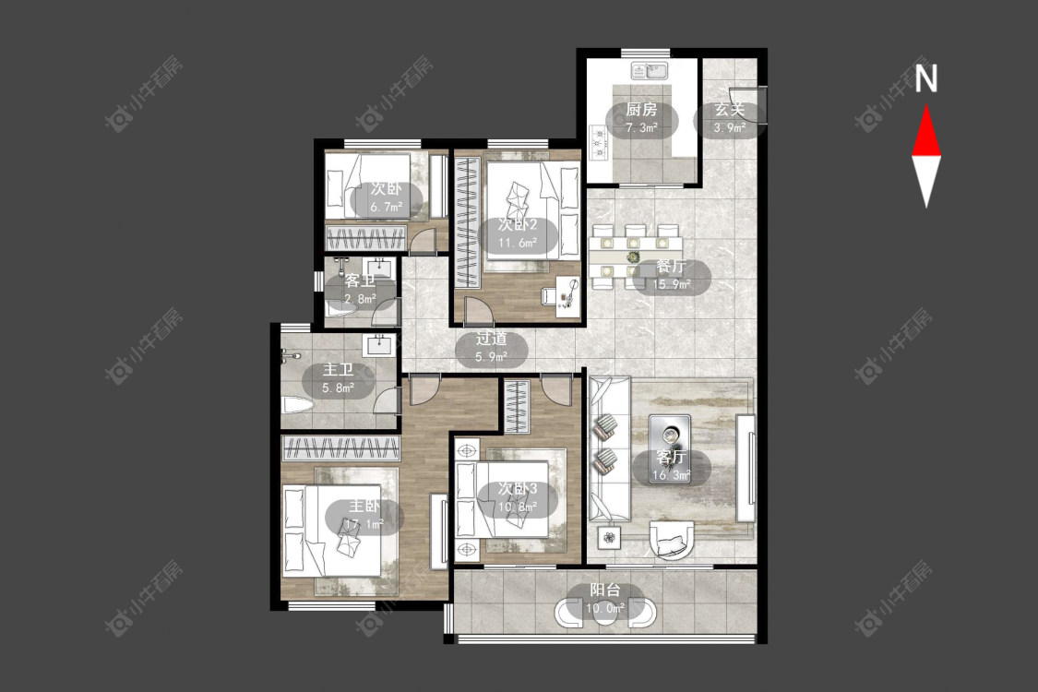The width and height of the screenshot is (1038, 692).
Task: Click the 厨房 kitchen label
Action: (x=641, y=109)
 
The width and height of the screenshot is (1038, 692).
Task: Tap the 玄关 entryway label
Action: (x=730, y=110)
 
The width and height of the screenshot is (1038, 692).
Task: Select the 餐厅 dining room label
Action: (x=672, y=267)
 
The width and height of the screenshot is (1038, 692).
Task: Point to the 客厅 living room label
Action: (x=672, y=457)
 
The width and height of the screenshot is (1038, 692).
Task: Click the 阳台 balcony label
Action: (x=605, y=590)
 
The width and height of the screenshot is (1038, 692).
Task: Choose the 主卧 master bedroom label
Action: (x=364, y=507)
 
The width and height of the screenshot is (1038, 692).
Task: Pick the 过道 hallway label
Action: (x=491, y=339)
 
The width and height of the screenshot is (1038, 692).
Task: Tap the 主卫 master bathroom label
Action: (x=338, y=370)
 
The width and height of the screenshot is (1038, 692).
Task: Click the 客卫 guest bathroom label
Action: (x=360, y=280)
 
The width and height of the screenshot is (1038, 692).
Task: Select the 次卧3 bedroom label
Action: (x=518, y=489)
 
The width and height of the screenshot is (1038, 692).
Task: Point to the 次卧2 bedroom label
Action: (x=518, y=225)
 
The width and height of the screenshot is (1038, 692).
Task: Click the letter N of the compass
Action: (x=926, y=78)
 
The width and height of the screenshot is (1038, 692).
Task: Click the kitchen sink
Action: (x=650, y=70)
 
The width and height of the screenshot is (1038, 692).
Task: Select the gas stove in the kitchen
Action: (x=600, y=143)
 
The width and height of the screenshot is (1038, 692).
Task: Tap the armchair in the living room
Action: (x=673, y=541)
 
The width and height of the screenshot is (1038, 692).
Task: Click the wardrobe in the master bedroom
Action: (x=340, y=447)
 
